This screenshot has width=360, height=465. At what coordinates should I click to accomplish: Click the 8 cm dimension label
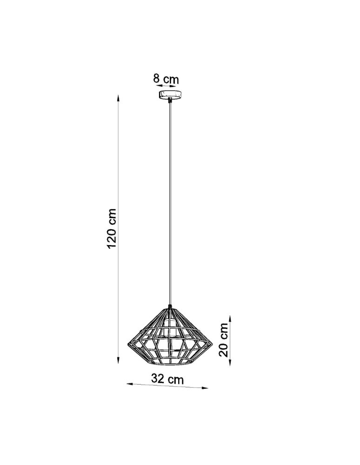click(166, 79)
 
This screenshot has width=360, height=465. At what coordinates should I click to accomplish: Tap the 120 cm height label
click(112, 228)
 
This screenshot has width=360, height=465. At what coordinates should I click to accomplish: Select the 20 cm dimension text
click(224, 340)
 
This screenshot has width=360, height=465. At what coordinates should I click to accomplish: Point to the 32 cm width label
click(167, 379)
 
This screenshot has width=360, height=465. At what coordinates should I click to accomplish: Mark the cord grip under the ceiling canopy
click(170, 100)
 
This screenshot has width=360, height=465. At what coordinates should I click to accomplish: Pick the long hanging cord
click(171, 205)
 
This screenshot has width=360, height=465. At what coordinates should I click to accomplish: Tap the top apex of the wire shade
click(171, 307)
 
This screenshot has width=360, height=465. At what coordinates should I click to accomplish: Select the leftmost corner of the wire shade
click(128, 344)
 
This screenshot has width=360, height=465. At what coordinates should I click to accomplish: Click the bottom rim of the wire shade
click(170, 363)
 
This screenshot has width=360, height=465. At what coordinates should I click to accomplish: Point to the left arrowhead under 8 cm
click(158, 86)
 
